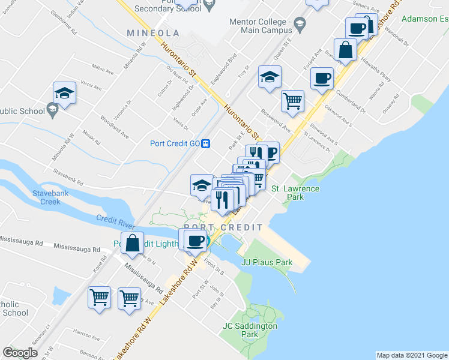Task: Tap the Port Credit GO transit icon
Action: click(206, 143)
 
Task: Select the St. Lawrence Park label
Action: click(295, 193)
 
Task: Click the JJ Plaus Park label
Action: click(267, 262)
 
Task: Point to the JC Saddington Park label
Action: click(250, 330)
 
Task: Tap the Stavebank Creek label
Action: click(46, 197)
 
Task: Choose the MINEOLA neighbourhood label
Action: click(153, 32)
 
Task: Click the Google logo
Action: click(20, 353)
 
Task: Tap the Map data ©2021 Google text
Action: click(411, 355)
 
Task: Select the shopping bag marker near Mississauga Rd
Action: click(133, 244)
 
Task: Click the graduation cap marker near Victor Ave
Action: click(64, 93)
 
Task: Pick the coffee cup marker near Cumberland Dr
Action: click(322, 79)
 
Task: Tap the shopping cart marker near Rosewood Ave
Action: click(292, 101)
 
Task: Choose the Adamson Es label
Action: click(426, 19)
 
